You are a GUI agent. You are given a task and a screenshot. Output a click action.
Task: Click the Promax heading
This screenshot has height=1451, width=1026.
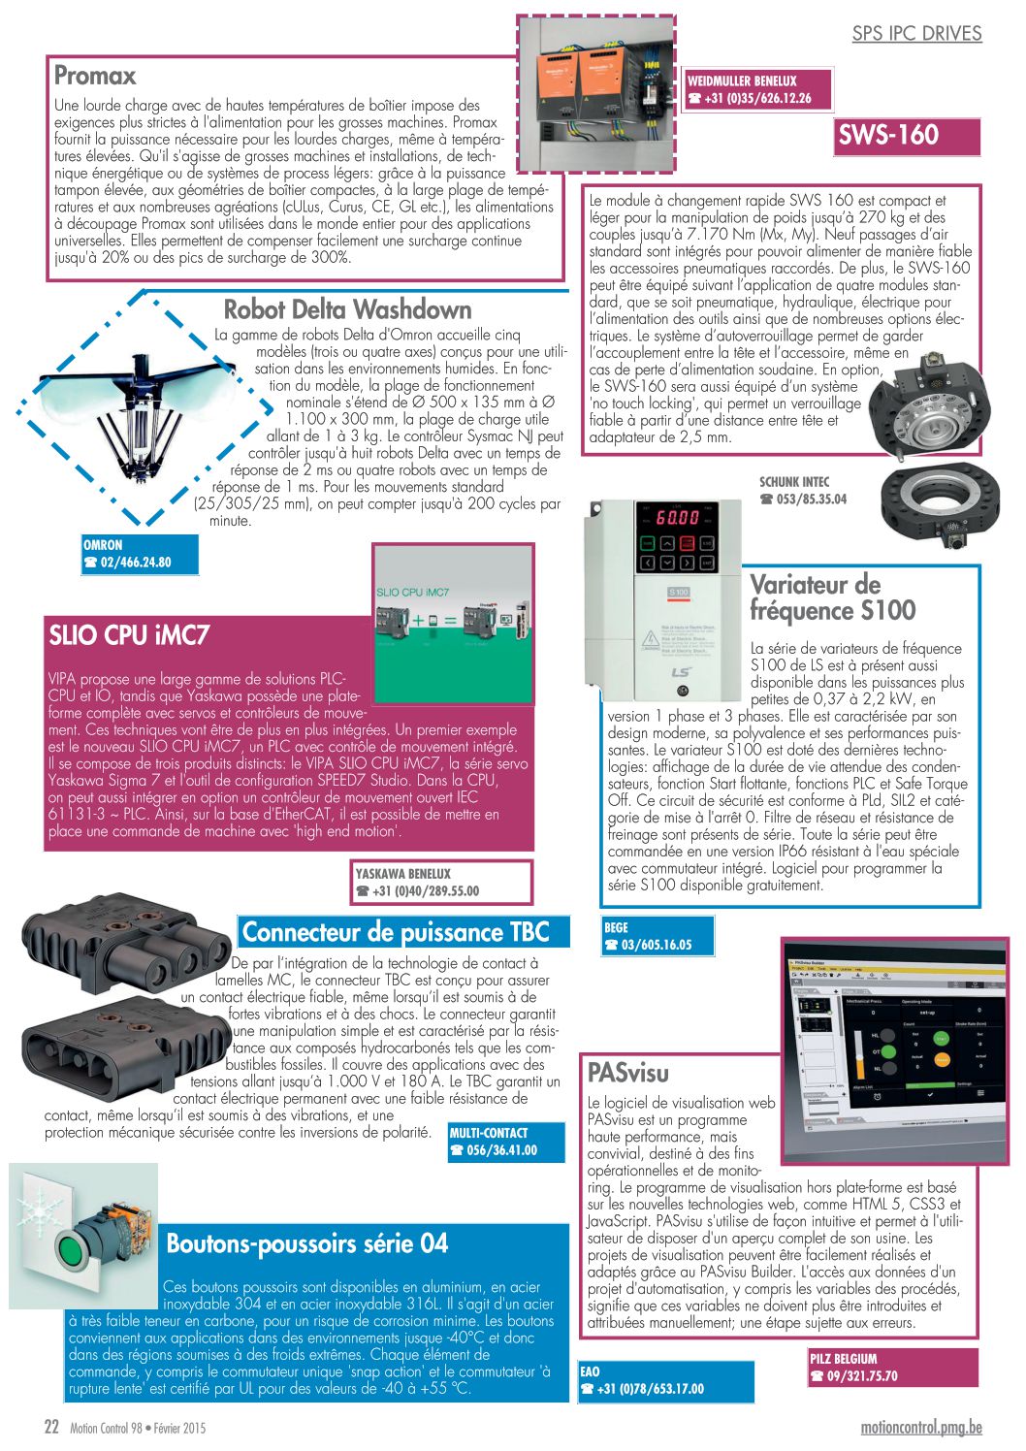tap(95, 76)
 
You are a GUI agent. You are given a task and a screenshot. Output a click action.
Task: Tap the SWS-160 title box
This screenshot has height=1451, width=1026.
tap(888, 135)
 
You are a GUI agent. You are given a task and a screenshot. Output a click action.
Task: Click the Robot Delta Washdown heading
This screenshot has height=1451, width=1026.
tap(347, 309)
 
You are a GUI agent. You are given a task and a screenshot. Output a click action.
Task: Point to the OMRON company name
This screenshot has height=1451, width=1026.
tap(103, 545)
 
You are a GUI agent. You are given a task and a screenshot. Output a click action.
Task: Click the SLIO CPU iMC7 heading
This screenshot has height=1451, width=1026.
tap(129, 635)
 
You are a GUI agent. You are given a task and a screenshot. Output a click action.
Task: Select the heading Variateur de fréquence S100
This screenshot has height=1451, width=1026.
tap(831, 597)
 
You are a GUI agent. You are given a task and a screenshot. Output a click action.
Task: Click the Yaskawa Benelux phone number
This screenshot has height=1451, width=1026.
tap(423, 891)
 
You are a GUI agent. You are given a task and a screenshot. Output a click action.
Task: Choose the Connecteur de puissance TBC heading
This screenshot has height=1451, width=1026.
tap(396, 932)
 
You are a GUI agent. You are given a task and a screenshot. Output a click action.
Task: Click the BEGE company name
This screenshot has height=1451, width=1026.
tap(616, 927)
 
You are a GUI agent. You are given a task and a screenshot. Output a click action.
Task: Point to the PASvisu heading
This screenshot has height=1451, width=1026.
tap(627, 1072)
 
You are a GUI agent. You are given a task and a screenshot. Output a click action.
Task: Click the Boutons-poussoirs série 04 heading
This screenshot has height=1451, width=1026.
tap(306, 1243)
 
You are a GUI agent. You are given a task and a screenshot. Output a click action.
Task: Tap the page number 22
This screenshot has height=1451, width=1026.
tap(51, 1428)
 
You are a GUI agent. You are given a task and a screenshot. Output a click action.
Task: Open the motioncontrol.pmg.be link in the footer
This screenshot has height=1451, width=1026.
tap(920, 1428)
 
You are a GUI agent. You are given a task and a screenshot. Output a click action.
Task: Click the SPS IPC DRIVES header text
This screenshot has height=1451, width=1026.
tap(916, 34)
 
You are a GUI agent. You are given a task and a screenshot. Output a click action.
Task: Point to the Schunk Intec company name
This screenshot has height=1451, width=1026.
tap(794, 482)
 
